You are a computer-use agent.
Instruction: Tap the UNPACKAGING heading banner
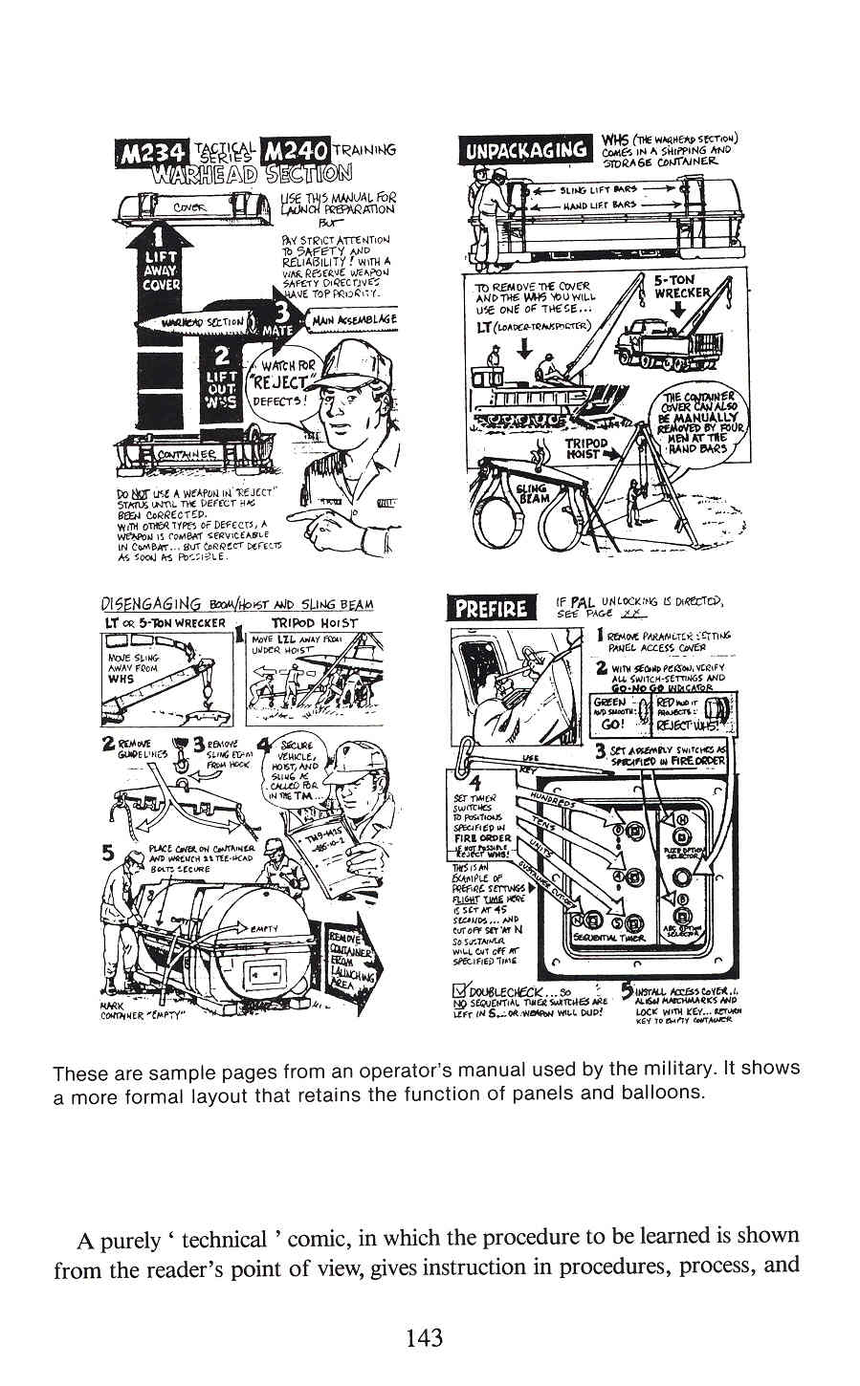(x=526, y=150)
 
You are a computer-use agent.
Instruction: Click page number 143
(x=424, y=1337)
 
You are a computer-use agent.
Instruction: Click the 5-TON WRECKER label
(x=682, y=286)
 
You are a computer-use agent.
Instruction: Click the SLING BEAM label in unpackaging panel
(x=531, y=493)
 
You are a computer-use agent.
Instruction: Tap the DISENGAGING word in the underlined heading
(x=150, y=605)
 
